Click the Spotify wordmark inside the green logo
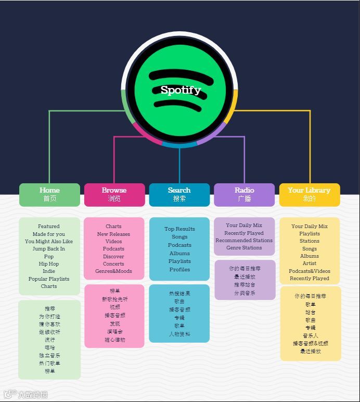point(180,90)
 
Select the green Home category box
point(49,194)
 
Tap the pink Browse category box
point(114,194)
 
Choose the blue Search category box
point(179,194)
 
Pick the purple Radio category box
point(244,194)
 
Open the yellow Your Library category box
point(309,194)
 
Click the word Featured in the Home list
point(49,227)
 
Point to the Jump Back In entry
point(49,249)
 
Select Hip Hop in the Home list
point(49,264)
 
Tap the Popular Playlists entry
point(49,279)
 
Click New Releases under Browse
point(113,234)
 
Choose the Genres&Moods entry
point(113,271)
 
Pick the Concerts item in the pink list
point(113,264)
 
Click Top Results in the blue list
point(179,229)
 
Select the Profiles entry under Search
point(179,270)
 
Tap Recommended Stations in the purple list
point(244,241)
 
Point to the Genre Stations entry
point(244,248)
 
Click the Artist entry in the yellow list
point(310,263)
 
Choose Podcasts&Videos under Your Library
point(310,271)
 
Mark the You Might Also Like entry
point(49,242)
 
